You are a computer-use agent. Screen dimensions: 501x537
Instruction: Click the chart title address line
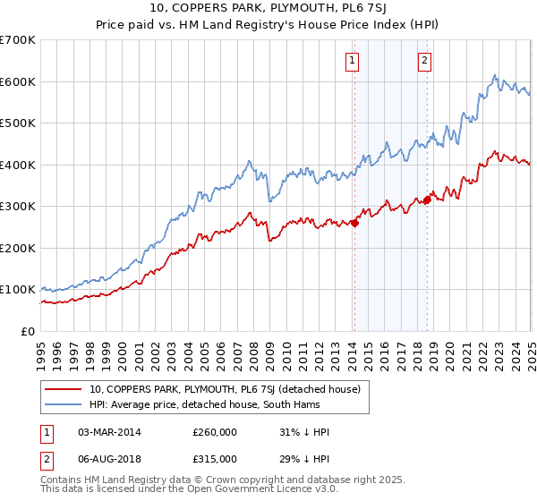[268, 10]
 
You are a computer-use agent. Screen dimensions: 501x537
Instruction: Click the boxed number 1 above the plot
[353, 61]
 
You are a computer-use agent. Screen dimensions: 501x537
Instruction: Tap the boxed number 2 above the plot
[424, 61]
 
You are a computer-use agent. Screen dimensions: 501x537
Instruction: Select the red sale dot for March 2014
[354, 223]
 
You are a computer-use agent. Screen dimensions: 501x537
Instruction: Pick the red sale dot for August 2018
[427, 200]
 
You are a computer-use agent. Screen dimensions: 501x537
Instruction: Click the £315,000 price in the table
[214, 461]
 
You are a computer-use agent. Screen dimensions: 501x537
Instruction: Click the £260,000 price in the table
[214, 432]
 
